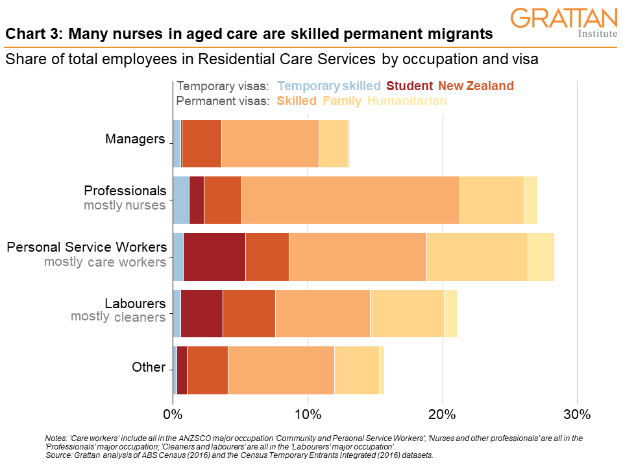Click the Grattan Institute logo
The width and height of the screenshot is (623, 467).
pyautogui.click(x=563, y=23)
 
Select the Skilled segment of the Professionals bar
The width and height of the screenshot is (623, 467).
pyautogui.click(x=350, y=200)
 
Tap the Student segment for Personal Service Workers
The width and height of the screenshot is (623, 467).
pyautogui.click(x=214, y=256)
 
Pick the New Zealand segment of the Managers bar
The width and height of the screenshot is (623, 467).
pyautogui.click(x=202, y=143)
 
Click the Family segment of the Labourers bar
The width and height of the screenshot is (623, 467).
pyautogui.click(x=407, y=313)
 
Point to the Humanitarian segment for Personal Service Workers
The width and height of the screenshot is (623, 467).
pyautogui.click(x=541, y=256)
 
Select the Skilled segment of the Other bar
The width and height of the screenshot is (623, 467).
pyautogui.click(x=281, y=370)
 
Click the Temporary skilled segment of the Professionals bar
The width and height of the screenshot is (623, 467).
pyautogui.click(x=180, y=200)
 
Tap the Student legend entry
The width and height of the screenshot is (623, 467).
pyautogui.click(x=409, y=86)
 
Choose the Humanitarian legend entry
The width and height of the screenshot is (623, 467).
pyautogui.click(x=407, y=101)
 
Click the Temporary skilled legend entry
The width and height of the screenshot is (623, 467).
pyautogui.click(x=328, y=86)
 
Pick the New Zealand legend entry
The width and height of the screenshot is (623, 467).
pyautogui.click(x=476, y=86)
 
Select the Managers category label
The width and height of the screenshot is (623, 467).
pyautogui.click(x=135, y=139)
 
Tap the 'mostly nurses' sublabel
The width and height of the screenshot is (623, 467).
pyautogui.click(x=125, y=206)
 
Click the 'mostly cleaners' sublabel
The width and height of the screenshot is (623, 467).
pyautogui.click(x=118, y=317)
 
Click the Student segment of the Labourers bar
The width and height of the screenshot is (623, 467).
pyautogui.click(x=201, y=313)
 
